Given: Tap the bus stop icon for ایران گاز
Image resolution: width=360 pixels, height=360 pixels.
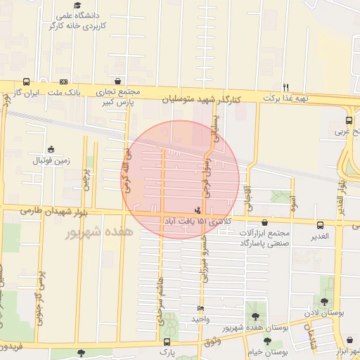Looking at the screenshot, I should tap(26, 82).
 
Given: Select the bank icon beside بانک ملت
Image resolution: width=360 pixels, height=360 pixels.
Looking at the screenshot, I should tap(63, 82).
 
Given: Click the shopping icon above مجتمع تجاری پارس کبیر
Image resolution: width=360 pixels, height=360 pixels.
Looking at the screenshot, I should tap(117, 82).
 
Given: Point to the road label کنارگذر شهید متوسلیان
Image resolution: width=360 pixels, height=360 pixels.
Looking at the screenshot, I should tap(201, 101).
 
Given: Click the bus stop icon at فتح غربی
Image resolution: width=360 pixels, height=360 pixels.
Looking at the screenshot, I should tap(349, 120).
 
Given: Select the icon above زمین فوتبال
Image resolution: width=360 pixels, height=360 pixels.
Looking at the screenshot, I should tap(51, 149).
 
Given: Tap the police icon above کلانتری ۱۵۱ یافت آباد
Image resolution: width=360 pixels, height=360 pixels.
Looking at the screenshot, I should tap(197, 210).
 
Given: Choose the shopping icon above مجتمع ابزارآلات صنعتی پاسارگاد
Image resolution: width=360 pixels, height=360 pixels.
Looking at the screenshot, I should tap(264, 223).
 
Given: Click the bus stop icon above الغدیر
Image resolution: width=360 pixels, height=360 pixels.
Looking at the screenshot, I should tap(321, 225).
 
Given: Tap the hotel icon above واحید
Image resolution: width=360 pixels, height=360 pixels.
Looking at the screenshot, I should tap(201, 309).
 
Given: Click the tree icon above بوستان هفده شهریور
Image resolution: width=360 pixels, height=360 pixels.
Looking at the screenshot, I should tap(255, 317).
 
